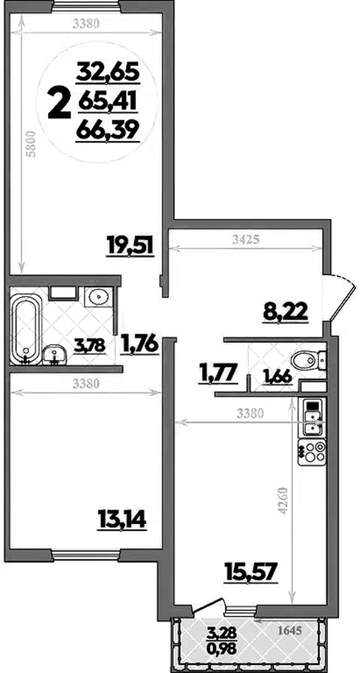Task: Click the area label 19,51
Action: point(130,246)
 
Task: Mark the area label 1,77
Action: point(217,371)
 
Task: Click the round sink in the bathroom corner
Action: point(98,296)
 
